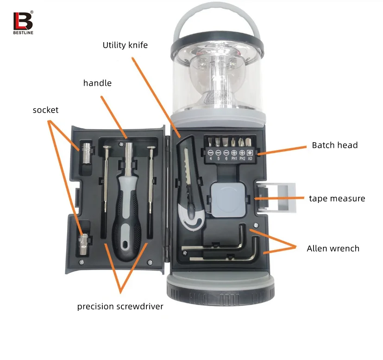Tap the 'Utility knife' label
125,45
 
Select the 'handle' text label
97,83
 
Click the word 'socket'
45,110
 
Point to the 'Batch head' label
334,145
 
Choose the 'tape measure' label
337,198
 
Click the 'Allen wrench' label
333,248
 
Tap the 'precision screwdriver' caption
120,306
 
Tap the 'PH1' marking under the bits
234,158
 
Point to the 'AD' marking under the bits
250,158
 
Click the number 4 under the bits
210,158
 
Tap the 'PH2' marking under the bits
242,158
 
